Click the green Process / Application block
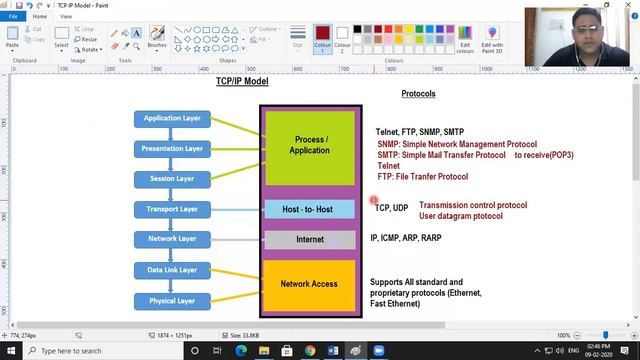click(309, 144)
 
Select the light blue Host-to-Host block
click(309, 209)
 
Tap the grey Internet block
click(309, 240)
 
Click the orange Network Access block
click(309, 284)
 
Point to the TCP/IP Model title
click(242, 81)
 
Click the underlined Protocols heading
click(418, 93)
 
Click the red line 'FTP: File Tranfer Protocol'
click(422, 177)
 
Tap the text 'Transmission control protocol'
click(472, 205)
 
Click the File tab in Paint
click(14, 16)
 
